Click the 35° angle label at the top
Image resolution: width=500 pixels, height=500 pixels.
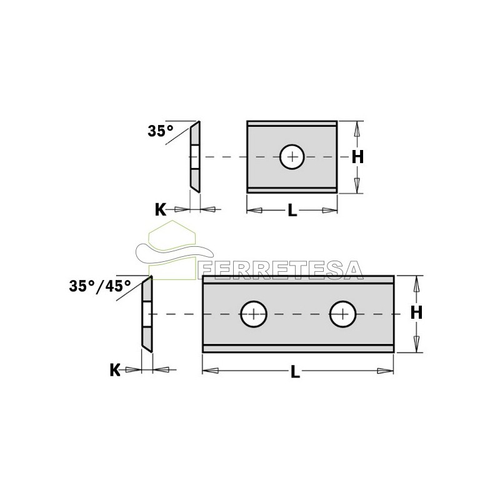tap(160, 131)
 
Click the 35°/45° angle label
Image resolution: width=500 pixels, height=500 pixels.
tap(100, 286)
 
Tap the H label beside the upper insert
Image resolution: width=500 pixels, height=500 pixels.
tap(357, 157)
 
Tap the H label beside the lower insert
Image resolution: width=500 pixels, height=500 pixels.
tap(416, 312)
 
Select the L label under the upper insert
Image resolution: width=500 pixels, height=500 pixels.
tap(292, 210)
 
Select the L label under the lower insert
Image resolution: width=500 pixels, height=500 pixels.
tap(295, 371)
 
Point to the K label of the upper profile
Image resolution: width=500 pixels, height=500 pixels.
tap(161, 210)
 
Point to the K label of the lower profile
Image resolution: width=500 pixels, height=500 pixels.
tap(115, 370)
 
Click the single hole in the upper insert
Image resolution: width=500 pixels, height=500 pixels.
tap(292, 157)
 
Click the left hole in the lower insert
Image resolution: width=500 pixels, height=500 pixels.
tap(254, 314)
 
